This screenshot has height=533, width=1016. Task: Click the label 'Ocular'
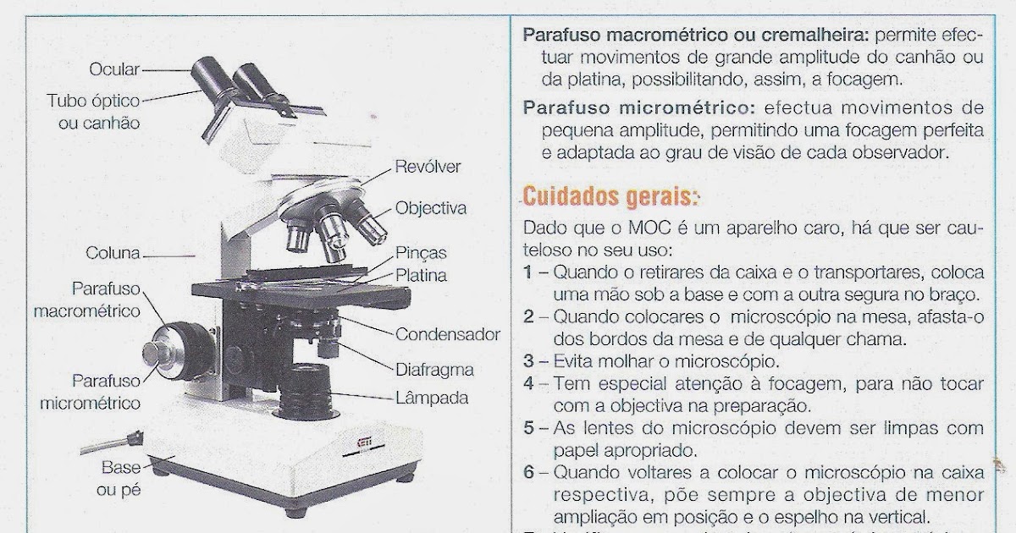(x=114, y=69)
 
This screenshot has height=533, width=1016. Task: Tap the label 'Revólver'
(x=428, y=167)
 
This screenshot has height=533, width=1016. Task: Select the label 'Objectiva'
(x=431, y=208)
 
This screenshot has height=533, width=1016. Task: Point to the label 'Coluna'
(x=113, y=253)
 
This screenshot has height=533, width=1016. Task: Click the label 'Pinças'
(x=421, y=253)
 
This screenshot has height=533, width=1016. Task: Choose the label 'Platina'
(x=421, y=275)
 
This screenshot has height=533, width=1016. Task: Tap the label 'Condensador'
(x=448, y=334)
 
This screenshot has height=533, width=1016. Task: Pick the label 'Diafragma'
(x=434, y=370)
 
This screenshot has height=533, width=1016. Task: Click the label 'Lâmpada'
(x=432, y=397)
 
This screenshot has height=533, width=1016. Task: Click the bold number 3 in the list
(x=528, y=362)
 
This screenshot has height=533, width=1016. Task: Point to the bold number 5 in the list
(x=528, y=428)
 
